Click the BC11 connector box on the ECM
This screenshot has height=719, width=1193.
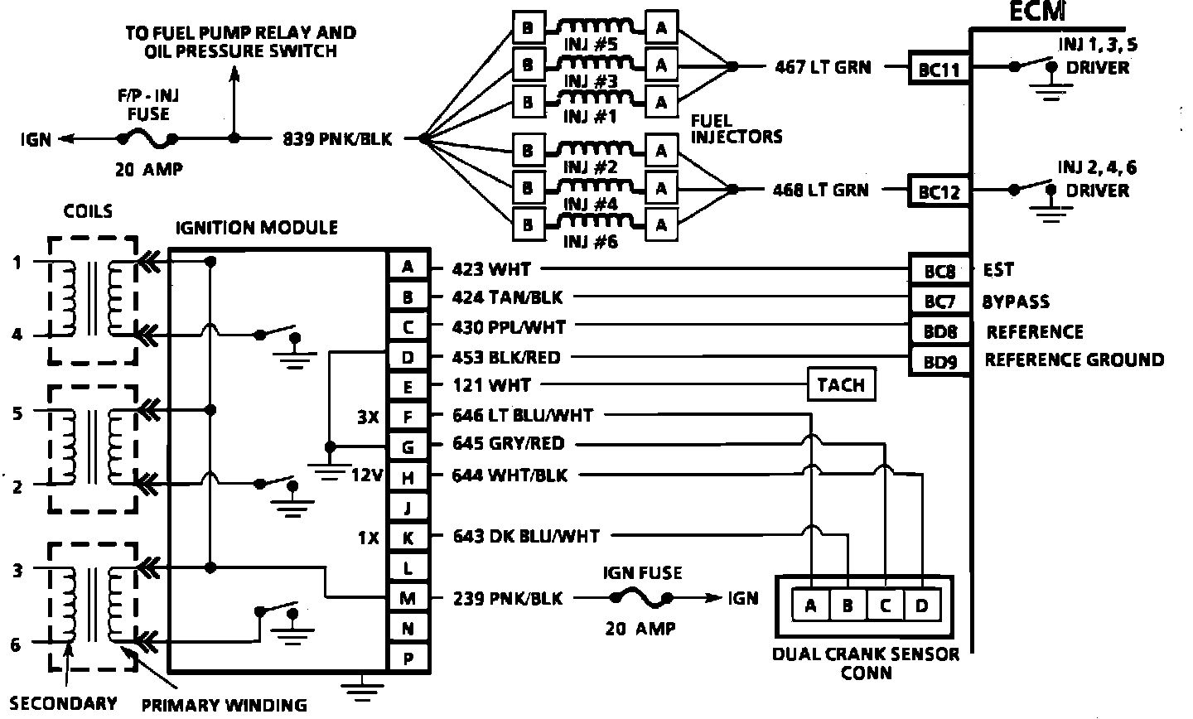point(939,70)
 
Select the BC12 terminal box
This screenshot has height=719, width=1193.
point(939,192)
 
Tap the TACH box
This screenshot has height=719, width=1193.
point(841,385)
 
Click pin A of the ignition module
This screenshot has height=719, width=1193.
point(408,267)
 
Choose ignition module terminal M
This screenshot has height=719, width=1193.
point(408,598)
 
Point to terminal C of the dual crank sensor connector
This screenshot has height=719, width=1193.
point(885,606)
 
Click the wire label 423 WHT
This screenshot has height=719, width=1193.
point(491,269)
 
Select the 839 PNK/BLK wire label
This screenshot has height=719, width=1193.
point(337,139)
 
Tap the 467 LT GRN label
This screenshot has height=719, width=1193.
point(823,68)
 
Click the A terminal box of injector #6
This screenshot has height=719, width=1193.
point(661,224)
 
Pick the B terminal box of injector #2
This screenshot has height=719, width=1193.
point(527,151)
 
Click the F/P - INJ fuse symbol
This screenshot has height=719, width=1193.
point(148,138)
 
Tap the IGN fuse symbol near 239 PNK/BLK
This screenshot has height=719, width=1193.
point(640,596)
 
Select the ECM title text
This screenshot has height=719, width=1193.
point(1036,12)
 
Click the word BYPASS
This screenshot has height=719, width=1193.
point(1016,301)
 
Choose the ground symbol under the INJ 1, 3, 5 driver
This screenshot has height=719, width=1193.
point(1051,91)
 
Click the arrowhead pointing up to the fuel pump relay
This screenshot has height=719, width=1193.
point(234,75)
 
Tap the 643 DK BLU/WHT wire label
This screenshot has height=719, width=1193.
point(526,537)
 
